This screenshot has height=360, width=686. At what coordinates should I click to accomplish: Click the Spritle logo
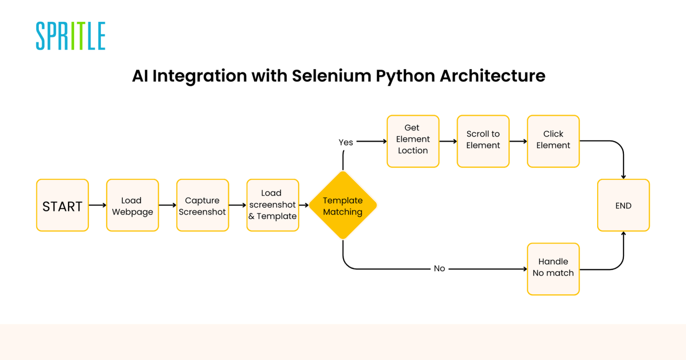click(71, 36)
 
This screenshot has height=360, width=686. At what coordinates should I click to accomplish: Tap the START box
click(63, 205)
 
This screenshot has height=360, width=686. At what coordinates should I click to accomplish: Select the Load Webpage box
click(133, 205)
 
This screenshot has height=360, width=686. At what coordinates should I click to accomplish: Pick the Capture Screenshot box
click(203, 205)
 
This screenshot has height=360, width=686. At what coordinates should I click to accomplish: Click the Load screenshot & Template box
click(273, 205)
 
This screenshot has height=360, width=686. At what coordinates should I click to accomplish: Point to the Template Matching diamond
click(343, 205)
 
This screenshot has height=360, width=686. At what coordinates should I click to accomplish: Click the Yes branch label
click(346, 142)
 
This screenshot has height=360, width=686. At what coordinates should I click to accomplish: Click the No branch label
click(439, 268)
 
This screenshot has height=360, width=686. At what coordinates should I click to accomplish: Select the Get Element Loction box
click(413, 141)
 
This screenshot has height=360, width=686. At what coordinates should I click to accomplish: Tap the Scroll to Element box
click(483, 141)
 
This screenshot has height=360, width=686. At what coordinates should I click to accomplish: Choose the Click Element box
click(553, 141)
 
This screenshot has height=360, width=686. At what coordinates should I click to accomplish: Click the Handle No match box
click(553, 269)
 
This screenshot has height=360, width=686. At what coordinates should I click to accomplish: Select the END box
click(623, 205)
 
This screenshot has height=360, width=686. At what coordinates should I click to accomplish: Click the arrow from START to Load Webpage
click(97, 205)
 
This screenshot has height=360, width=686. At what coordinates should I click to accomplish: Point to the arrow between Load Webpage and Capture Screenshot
click(167, 205)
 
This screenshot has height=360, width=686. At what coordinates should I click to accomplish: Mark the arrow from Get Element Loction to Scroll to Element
click(448, 141)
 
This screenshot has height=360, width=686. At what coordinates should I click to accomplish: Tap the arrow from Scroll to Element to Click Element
click(518, 141)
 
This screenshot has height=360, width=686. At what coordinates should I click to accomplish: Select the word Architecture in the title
click(493, 76)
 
